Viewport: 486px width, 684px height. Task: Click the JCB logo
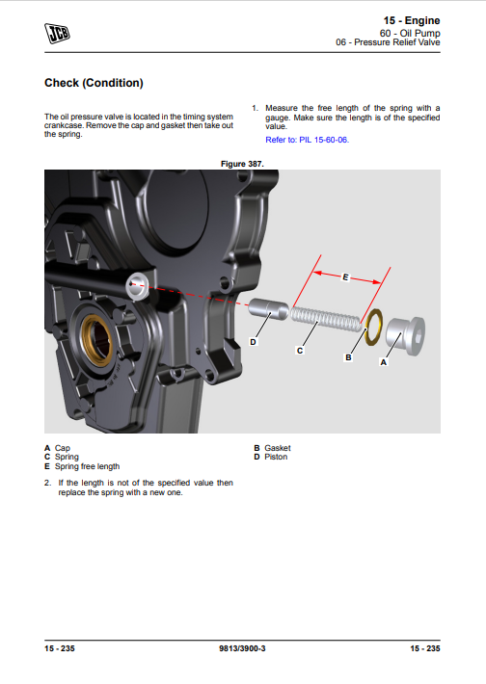[57, 33]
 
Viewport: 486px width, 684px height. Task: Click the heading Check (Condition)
[94, 83]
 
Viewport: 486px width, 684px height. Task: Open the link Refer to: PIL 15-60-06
[308, 140]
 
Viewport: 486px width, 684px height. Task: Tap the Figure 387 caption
[242, 164]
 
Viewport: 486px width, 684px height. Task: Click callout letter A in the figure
[384, 362]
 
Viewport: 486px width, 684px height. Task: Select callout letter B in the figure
[348, 357]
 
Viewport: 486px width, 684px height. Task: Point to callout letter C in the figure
[300, 351]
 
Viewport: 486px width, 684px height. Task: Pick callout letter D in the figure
[253, 342]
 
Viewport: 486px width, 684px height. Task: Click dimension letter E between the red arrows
[345, 277]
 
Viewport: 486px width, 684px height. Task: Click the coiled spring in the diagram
[326, 319]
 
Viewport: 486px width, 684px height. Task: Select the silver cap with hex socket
[406, 335]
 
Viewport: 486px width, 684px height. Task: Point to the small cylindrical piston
[268, 309]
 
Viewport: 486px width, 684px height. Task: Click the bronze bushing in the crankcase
[97, 338]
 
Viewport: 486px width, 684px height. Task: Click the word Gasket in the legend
[278, 448]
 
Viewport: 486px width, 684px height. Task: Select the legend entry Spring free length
[82, 466]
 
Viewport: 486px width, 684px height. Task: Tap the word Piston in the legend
[276, 457]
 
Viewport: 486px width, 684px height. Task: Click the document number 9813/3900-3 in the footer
[242, 648]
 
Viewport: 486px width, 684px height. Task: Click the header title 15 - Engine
[412, 20]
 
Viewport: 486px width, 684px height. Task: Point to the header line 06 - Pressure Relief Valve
[388, 42]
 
